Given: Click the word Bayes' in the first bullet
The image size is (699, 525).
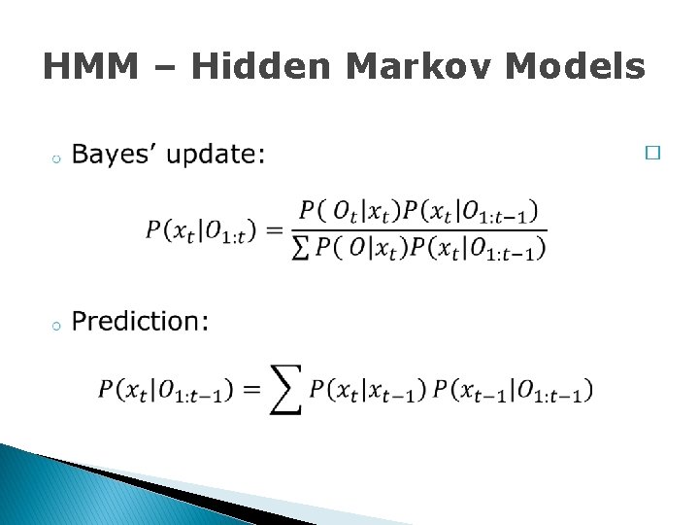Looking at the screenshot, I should click(114, 155).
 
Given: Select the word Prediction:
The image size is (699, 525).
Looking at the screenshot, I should click(141, 322).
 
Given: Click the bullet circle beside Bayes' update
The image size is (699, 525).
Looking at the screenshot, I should click(57, 158).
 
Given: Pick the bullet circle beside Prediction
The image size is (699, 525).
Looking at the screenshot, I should click(57, 326).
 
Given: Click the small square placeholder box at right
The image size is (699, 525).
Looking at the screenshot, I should click(652, 154).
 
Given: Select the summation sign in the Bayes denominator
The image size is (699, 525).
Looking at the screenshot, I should click(300, 248).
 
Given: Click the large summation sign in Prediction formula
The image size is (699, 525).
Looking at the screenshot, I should click(286, 391).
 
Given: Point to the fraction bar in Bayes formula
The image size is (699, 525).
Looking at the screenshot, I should click(418, 231).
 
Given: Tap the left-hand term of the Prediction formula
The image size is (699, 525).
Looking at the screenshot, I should click(165, 391).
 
